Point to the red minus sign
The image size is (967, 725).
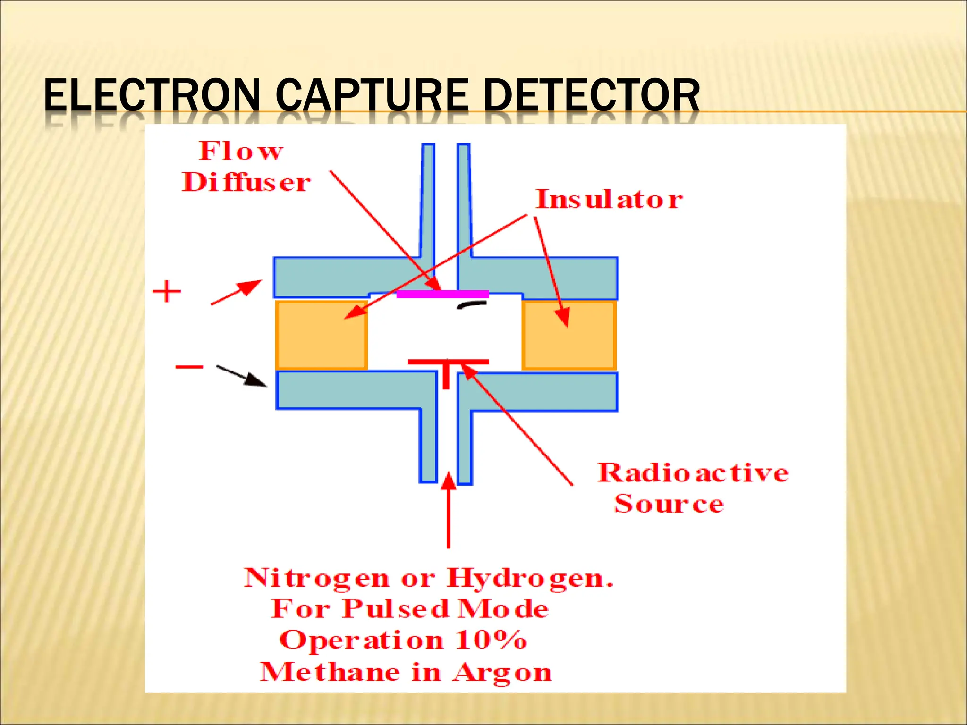coord(189,367)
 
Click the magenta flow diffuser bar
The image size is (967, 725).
coord(442,294)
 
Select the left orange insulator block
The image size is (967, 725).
coord(322,335)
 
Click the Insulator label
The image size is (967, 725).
coord(609,199)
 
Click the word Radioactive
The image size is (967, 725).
coord(693,472)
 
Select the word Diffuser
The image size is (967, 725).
coord(246,183)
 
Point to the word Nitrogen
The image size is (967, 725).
coord(316,578)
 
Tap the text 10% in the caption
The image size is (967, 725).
coord(491,640)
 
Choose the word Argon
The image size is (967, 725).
coord(502,672)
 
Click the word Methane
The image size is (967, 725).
coord(330,672)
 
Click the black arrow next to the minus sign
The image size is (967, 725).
coord(241,376)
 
